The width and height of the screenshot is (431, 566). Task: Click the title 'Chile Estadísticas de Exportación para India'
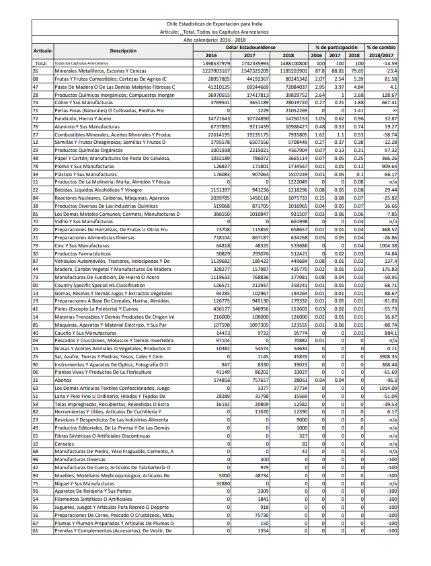[x=215, y=23]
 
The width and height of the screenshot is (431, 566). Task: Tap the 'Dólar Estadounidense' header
[x=250, y=47]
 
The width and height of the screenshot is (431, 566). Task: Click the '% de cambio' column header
[x=381, y=47]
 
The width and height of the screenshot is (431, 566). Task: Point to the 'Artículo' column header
[x=42, y=50]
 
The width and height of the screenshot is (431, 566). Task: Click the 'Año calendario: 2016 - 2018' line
[x=215, y=40]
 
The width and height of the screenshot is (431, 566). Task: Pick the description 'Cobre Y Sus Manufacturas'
[x=84, y=102]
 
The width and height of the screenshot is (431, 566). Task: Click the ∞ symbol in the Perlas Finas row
[x=394, y=109]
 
